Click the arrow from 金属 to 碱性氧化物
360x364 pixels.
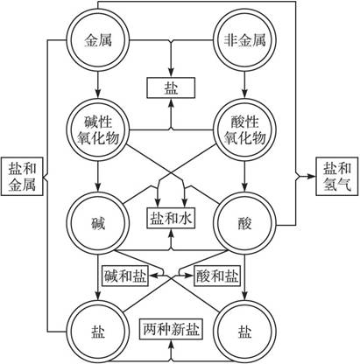[x=98, y=85]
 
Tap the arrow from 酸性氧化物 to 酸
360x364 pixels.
[x=244, y=176]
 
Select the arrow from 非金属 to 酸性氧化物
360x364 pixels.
[x=244, y=85]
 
